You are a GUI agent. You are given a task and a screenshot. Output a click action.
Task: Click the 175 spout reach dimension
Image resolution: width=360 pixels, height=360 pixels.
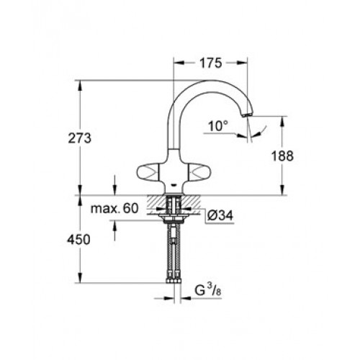pyautogui.click(x=211, y=63)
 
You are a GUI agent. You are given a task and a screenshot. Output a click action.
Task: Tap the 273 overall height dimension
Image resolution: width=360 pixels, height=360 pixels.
pyautogui.click(x=80, y=138)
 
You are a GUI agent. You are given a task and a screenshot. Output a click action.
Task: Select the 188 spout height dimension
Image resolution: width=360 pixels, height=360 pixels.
pyautogui.click(x=282, y=156)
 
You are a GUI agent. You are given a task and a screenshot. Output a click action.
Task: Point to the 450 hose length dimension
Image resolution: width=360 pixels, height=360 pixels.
pyautogui.click(x=79, y=240)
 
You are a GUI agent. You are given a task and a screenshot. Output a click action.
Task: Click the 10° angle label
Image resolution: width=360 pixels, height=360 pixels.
pyautogui.click(x=218, y=126)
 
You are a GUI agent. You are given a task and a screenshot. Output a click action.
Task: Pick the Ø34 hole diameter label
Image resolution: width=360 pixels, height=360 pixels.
pyautogui.click(x=220, y=215)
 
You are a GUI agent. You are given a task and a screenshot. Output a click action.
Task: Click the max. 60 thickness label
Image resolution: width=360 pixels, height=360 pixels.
pyautogui.click(x=114, y=208)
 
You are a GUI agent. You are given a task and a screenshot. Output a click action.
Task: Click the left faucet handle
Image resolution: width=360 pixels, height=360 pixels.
pyautogui.click(x=148, y=171)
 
